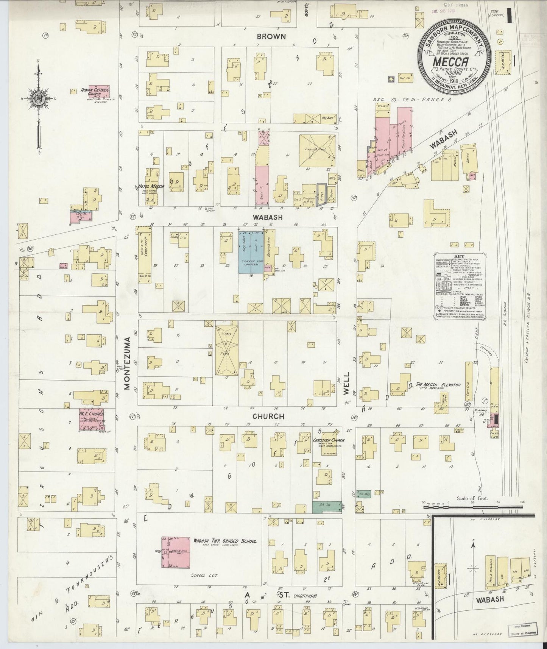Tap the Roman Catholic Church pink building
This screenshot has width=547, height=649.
pyautogui.click(x=99, y=92)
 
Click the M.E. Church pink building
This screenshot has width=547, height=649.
pyautogui.click(x=91, y=419)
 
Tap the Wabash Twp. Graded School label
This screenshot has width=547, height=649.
pyautogui.click(x=224, y=542)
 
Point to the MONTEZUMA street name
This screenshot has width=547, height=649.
pyautogui.click(x=127, y=363)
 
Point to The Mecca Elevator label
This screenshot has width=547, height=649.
pyautogui.click(x=438, y=385)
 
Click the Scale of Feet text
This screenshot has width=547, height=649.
pyautogui.click(x=472, y=498)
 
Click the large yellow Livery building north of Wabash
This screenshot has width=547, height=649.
pyautogui.click(x=317, y=150)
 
